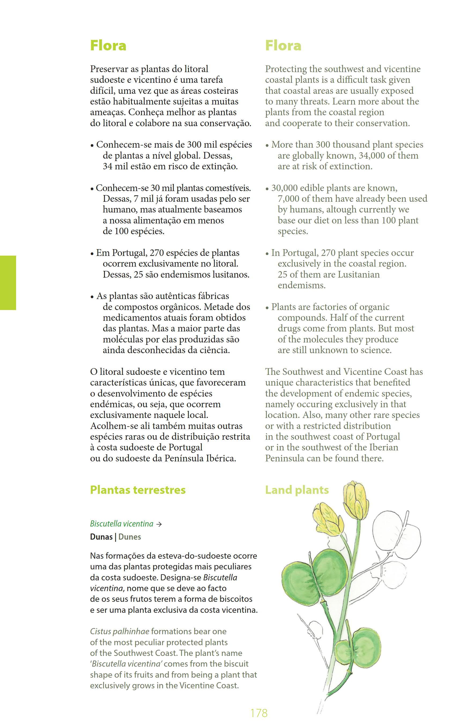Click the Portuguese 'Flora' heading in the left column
pos(108,46)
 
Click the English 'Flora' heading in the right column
pos(283,46)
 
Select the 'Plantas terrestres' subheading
pos(138,490)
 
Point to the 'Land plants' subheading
pos(297,490)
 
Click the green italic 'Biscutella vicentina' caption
pos(121,524)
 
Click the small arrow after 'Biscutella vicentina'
pos(158,524)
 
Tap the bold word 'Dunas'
pos(101,537)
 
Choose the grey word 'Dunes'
pos(130,537)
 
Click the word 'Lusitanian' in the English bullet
pos(358,274)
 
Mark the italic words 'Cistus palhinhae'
pos(120,631)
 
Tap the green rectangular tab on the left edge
pos(8,283)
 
